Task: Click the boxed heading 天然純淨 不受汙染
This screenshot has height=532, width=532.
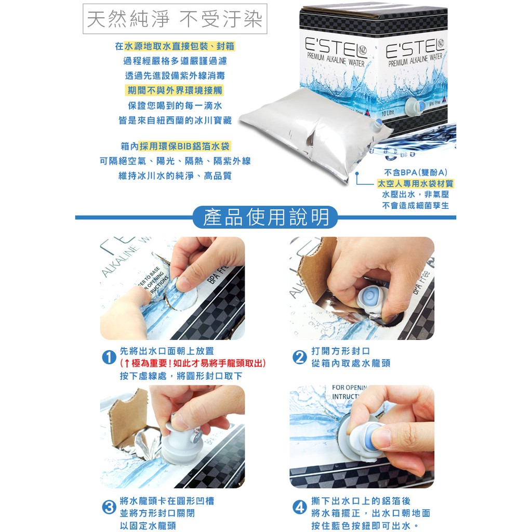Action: point(175,19)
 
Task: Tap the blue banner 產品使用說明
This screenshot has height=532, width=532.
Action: point(265,217)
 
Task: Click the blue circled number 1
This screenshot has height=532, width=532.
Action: point(109,357)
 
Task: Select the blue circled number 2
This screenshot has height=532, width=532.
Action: point(300,357)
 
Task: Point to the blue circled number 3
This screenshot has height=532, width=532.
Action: point(109,507)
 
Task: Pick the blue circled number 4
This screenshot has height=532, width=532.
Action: point(300,507)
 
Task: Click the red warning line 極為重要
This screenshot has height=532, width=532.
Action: point(193,363)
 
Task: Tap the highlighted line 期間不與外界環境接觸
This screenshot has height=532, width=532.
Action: point(175,90)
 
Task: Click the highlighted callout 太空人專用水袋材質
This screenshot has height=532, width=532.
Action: point(415,183)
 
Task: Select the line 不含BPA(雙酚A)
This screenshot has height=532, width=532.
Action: point(415,172)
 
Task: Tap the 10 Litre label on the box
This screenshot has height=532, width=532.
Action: point(388,113)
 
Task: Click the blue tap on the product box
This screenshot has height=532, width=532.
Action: point(415,107)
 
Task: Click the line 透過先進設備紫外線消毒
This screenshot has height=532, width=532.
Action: point(175,75)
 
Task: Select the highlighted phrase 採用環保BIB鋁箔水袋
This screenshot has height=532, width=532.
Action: point(185,146)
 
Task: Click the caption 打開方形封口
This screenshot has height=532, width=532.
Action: point(340,351)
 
